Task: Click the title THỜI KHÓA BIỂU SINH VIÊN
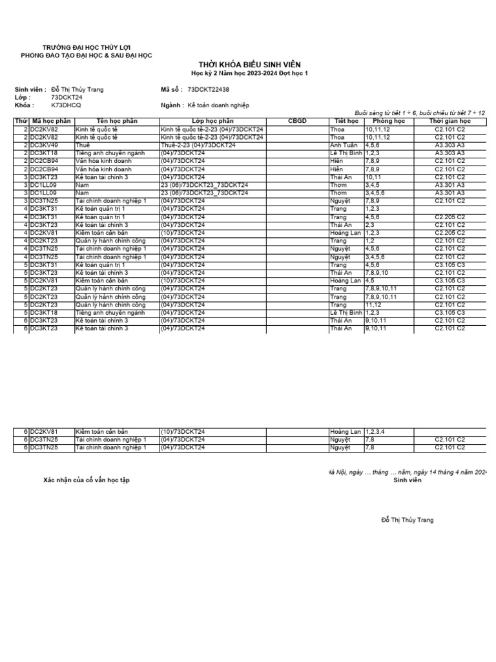click(249, 64)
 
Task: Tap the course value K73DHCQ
click(67, 105)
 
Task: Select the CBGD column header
click(297, 121)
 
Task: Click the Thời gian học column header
click(450, 121)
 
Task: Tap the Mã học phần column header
click(50, 121)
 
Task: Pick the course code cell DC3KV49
click(45, 145)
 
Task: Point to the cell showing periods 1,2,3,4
click(379, 431)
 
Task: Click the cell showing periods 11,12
click(374, 304)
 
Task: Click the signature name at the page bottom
click(408, 520)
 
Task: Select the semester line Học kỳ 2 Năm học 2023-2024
click(249, 74)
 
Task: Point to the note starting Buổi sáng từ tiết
click(420, 112)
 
